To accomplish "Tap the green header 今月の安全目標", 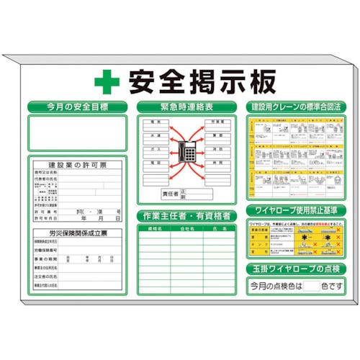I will click(77, 107).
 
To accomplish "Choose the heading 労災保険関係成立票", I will click(78, 233).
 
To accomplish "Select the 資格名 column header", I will click(154, 229).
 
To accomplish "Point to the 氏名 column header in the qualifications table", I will click(218, 229).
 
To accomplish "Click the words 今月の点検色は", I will click(276, 286).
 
